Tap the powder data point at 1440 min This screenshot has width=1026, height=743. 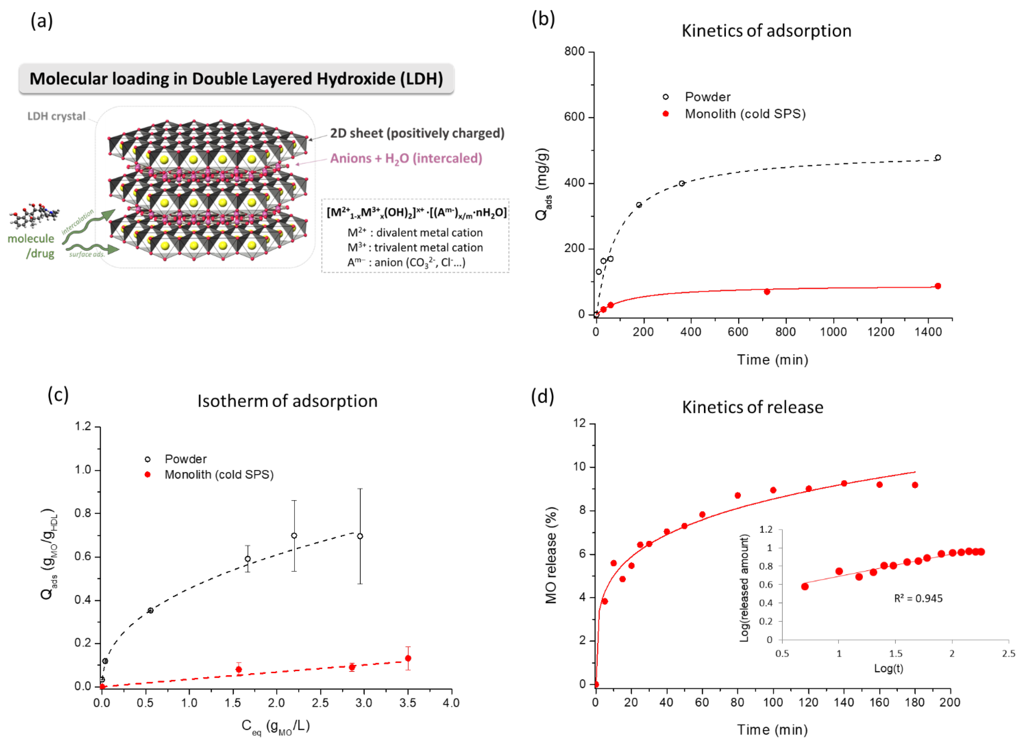click(x=937, y=158)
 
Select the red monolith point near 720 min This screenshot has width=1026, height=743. click(x=766, y=292)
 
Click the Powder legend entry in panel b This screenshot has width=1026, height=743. click(x=707, y=97)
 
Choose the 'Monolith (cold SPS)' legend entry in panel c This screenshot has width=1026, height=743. click(x=219, y=475)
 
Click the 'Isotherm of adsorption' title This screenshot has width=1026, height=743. click(x=287, y=401)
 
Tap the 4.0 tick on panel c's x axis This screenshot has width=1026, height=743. click(x=451, y=703)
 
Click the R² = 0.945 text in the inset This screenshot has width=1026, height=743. click(x=918, y=599)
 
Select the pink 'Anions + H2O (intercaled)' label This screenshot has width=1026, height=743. click(x=406, y=159)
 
